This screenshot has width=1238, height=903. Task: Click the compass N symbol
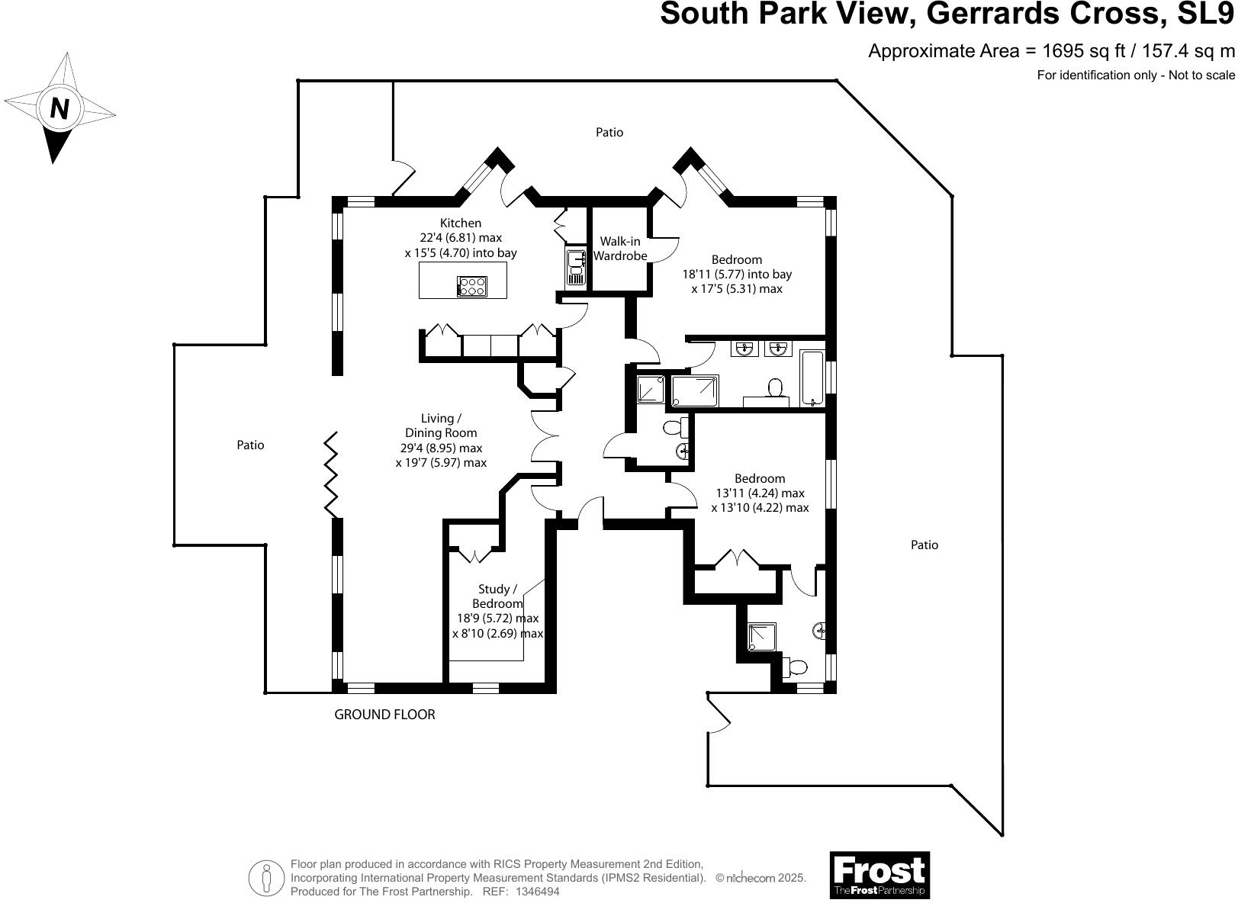(59, 108)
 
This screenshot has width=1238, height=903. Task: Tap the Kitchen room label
(461, 223)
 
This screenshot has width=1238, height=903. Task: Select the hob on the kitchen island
(471, 286)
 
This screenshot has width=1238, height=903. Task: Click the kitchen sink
(575, 268)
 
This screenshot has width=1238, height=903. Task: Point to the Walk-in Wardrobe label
(619, 249)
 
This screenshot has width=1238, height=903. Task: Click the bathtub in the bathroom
(812, 378)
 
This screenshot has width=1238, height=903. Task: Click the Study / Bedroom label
(497, 596)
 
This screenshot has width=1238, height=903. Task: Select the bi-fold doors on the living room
(332, 474)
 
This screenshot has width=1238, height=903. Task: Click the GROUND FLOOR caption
(384, 715)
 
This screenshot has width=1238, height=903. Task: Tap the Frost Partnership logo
(879, 875)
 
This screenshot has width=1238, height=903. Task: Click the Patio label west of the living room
(250, 445)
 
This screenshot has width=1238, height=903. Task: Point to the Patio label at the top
(609, 132)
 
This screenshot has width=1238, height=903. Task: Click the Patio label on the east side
(924, 545)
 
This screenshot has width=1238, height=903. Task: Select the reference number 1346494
(538, 891)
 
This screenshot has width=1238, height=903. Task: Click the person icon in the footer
(265, 878)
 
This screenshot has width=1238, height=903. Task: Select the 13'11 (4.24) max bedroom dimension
(760, 493)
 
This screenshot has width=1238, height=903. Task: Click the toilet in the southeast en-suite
(795, 667)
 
